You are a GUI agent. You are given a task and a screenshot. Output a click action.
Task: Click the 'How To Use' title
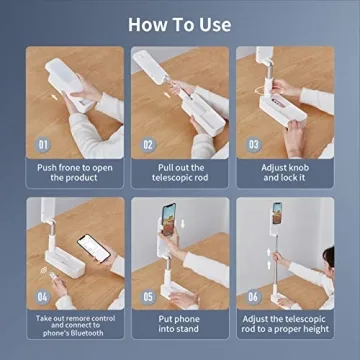180,25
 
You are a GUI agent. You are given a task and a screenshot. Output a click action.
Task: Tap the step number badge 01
43,145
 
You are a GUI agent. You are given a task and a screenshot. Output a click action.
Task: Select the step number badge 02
148,145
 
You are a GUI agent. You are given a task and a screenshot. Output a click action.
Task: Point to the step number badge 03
254,145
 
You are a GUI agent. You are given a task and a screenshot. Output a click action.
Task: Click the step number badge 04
43,296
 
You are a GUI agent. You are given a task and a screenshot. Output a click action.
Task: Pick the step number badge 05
148,296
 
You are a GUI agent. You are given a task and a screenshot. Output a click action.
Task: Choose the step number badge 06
254,296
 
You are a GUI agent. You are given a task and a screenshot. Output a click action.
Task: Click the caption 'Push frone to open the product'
75,172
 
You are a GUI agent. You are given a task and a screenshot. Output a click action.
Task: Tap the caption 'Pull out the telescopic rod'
180,172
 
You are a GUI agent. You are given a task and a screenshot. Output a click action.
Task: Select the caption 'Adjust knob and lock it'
285,172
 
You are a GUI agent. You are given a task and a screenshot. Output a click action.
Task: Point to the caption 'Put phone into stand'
178,324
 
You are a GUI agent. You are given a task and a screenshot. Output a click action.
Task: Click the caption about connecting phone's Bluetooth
75,325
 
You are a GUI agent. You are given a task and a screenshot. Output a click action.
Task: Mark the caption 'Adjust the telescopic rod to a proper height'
285,324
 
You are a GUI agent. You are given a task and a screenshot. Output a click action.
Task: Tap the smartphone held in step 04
94,248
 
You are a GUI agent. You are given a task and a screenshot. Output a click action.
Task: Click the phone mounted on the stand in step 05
169,219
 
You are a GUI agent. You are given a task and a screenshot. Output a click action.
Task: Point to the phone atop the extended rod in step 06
277,213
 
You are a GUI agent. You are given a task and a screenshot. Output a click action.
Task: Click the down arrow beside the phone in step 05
182,224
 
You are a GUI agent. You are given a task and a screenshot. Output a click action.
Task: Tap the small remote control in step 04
52,276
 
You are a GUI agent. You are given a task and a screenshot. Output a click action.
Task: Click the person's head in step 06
329,257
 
